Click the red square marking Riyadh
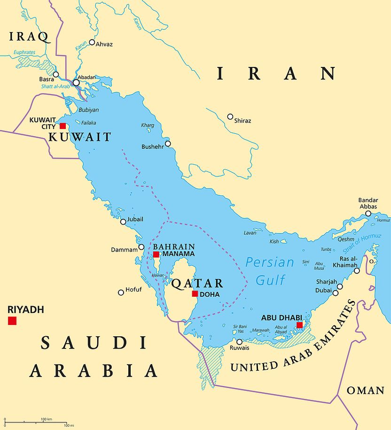click(x=12, y=321)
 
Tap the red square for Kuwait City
click(x=63, y=126)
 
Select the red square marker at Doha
click(x=195, y=294)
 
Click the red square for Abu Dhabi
click(x=299, y=325)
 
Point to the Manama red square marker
click(x=156, y=254)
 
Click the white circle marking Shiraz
click(x=230, y=116)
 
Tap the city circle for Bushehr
click(x=168, y=144)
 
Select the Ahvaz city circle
click(x=92, y=42)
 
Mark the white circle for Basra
click(x=56, y=74)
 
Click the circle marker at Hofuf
click(x=121, y=292)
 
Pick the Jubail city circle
click(x=123, y=222)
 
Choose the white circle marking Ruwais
click(x=239, y=342)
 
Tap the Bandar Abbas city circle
click(x=368, y=213)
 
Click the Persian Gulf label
click(x=270, y=271)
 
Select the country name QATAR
click(x=197, y=283)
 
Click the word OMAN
click(x=365, y=390)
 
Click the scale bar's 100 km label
click(x=46, y=419)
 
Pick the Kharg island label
click(x=147, y=125)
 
